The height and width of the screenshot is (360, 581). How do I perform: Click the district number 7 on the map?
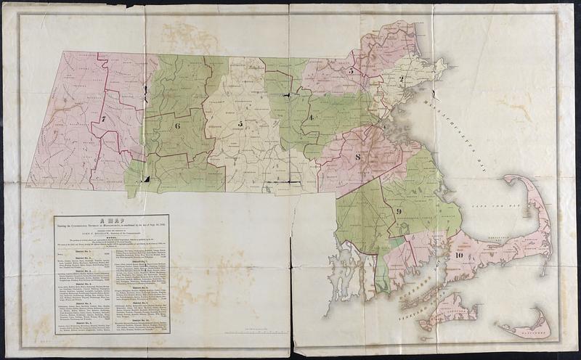(104, 118)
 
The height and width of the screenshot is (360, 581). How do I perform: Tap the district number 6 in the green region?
(176, 125)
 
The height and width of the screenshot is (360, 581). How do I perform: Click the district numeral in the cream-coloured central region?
(240, 124)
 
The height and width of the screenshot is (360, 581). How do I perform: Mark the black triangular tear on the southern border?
(147, 179)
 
